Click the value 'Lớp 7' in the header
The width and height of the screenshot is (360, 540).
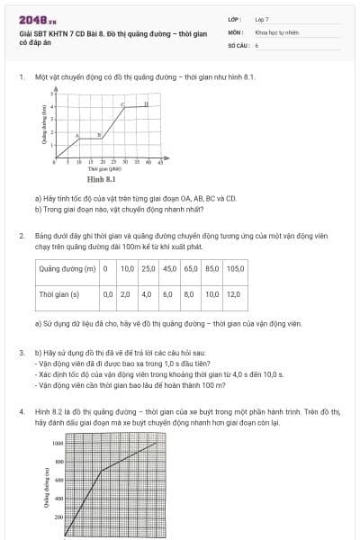click(x=262, y=19)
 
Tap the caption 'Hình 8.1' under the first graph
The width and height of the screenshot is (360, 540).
click(x=102, y=180)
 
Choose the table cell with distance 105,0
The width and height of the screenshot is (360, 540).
click(x=236, y=268)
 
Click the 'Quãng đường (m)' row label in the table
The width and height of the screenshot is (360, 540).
click(x=67, y=268)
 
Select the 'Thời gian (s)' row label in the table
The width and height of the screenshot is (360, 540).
click(x=59, y=293)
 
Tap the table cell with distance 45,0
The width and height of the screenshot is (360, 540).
click(x=169, y=268)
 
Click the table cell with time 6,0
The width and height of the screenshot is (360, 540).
click(x=167, y=293)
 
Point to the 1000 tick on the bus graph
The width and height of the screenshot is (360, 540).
click(x=57, y=444)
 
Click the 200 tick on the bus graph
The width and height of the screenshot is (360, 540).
click(x=58, y=517)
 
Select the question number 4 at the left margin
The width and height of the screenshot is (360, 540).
click(x=21, y=411)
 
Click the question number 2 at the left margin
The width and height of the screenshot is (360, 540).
click(x=21, y=235)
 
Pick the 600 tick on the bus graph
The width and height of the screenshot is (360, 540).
click(x=58, y=481)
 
